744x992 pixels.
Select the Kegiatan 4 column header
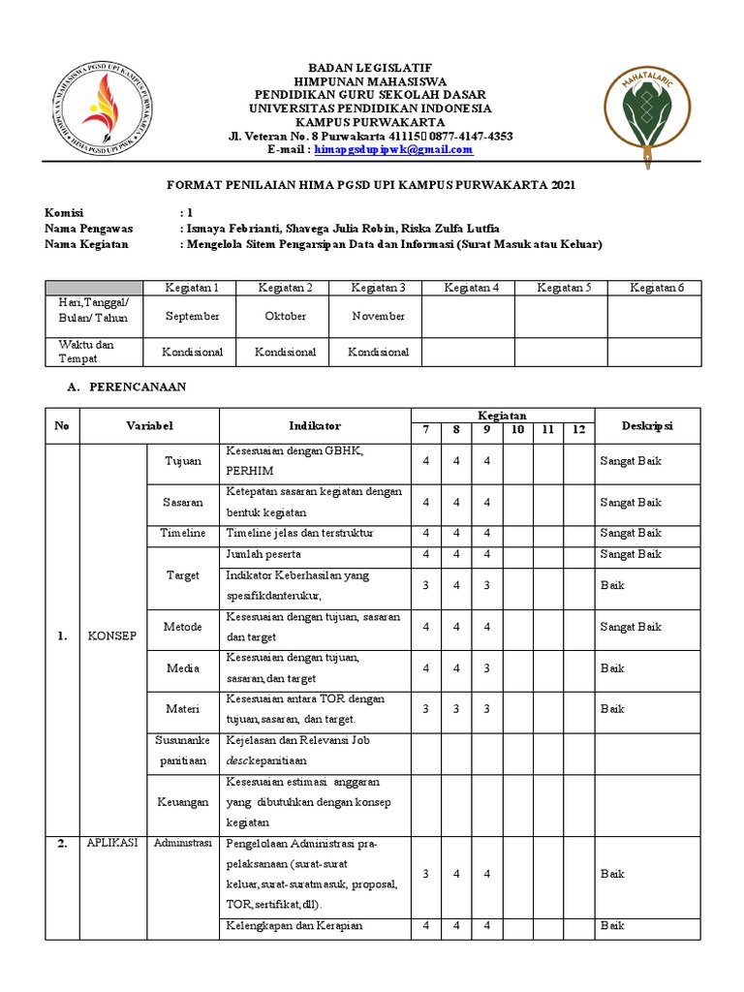(471, 288)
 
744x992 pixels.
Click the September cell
(192, 316)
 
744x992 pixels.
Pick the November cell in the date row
(378, 316)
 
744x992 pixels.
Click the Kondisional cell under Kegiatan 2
(285, 352)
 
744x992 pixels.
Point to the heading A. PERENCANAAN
(137, 387)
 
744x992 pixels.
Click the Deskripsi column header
(647, 425)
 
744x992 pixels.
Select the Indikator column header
(315, 425)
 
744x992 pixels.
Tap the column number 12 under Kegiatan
(578, 430)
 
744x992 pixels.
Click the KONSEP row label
(112, 635)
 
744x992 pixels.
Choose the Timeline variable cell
(182, 533)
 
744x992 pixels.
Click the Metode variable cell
(182, 627)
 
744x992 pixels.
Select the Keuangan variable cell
(182, 802)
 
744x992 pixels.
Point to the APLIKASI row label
(112, 843)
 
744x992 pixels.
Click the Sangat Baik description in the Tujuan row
(630, 461)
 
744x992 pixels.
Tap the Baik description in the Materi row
(612, 709)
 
